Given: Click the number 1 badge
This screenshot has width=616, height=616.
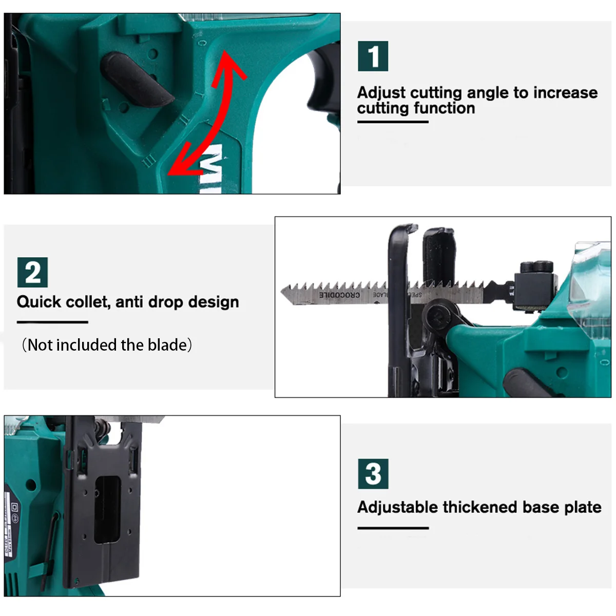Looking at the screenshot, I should click(373, 56).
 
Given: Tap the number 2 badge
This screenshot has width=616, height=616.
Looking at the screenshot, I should click(32, 273).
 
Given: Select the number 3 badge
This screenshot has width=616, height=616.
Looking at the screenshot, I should click(373, 474).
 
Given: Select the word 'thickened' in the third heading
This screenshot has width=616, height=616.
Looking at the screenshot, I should click(480, 507).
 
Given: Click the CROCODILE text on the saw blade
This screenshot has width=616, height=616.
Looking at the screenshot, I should click(339, 295).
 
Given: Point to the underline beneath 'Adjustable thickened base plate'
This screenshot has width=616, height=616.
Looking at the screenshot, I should click(393, 528).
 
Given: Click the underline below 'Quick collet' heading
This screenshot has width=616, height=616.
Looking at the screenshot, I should click(52, 322).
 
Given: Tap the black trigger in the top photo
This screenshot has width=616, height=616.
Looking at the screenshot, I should click(323, 82).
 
